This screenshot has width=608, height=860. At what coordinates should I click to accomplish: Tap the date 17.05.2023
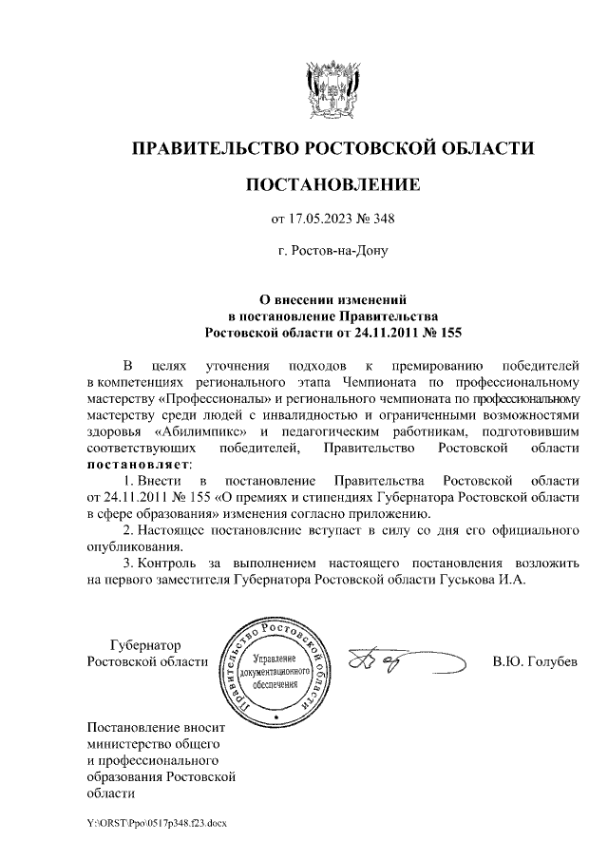321,220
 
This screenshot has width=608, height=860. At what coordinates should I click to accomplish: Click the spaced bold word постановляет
138,464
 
